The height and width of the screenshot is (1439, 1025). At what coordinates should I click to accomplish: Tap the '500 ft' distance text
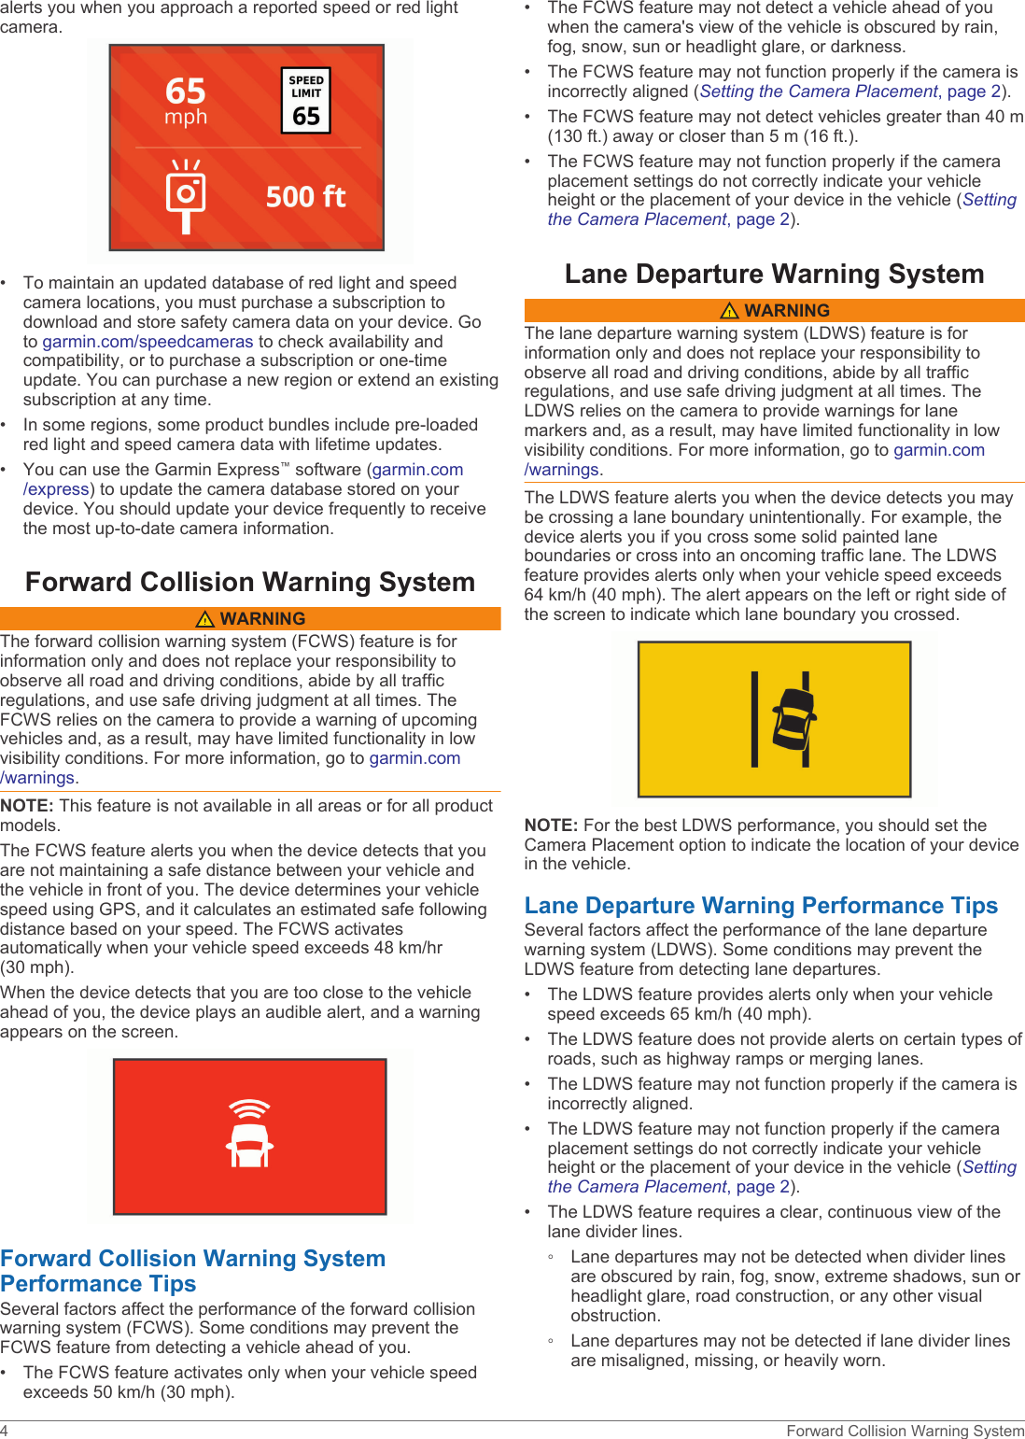[305, 197]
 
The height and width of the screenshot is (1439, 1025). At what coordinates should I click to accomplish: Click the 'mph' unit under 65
[186, 118]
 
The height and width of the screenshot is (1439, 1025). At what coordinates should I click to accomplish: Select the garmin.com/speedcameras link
[147, 342]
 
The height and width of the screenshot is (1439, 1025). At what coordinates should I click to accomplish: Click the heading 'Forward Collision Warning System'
[250, 582]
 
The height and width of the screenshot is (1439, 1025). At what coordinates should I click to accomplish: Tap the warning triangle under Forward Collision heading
[205, 619]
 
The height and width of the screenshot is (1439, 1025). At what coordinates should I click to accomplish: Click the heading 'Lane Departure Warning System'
[774, 274]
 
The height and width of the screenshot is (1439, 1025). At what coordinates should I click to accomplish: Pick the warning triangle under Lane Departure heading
[730, 311]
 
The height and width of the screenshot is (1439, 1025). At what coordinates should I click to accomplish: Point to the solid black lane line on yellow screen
[754, 719]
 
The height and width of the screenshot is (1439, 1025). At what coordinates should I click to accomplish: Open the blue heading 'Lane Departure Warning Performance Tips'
[761, 906]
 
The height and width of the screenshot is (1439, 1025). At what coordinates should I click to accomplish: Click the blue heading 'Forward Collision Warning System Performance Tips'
[193, 1271]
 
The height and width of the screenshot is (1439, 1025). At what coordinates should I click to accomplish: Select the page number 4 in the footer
[5, 1431]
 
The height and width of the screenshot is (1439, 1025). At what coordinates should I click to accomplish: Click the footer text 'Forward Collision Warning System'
[905, 1431]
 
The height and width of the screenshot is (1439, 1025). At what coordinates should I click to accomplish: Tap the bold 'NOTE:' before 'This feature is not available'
[27, 806]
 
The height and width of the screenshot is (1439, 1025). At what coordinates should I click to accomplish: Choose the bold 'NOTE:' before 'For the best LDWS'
[552, 825]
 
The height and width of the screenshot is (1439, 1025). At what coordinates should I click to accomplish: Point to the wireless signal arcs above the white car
[249, 1108]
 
